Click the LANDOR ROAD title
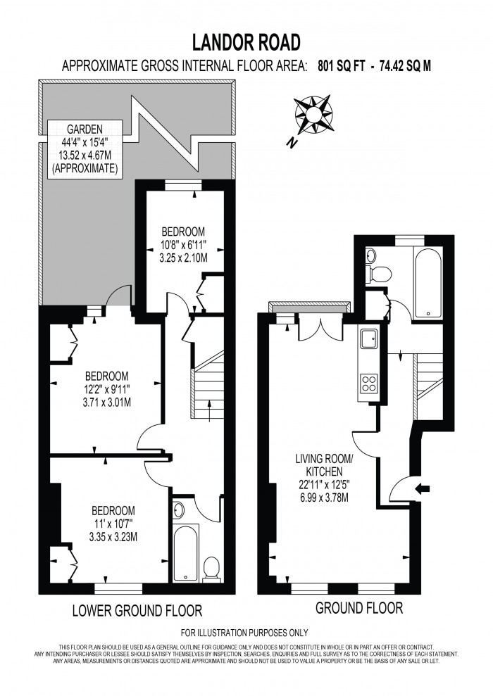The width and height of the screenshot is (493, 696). (246, 43)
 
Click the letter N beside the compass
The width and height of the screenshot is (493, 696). (291, 143)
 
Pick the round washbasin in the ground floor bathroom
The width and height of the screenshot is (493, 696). (371, 255)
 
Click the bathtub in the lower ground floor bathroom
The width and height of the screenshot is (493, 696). (186, 552)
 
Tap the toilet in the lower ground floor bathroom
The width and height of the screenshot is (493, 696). (211, 567)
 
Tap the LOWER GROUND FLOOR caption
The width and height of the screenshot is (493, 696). (137, 609)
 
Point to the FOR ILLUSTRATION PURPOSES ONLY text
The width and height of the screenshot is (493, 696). (245, 633)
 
